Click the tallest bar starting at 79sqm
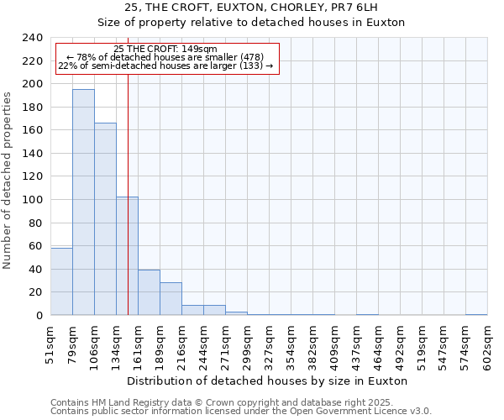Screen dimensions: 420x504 83,202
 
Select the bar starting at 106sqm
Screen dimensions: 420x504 105,219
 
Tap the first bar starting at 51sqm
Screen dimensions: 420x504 61,281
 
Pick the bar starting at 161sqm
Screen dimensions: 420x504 149,292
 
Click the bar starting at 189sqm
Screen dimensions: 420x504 171,299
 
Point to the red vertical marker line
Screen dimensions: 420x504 128,210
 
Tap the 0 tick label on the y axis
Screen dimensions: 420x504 39,316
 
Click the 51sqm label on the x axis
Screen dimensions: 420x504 51,344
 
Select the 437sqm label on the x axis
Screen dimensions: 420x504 357,344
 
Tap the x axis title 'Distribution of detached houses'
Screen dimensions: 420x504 269,381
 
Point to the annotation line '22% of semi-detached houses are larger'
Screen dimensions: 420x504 165,66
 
